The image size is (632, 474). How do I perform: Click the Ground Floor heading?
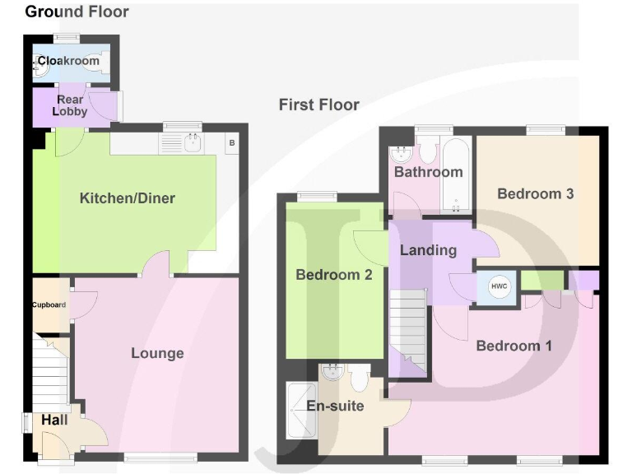point(77,12)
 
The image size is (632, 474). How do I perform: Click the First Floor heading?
point(318,105)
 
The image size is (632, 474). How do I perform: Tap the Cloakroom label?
point(69,61)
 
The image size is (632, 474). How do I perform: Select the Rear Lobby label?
point(70,105)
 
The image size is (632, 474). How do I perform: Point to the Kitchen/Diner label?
point(127,198)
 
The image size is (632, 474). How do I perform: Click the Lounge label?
point(157,353)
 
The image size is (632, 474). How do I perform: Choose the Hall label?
point(54,421)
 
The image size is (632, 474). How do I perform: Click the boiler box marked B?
point(231,143)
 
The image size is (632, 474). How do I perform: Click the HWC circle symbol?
point(499,286)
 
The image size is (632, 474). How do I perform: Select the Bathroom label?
point(428,173)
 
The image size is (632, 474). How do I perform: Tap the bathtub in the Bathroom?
point(454,174)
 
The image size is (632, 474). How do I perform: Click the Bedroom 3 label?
point(535,194)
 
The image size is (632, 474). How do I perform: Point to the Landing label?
point(428,250)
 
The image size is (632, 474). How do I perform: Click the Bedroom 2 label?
point(334,275)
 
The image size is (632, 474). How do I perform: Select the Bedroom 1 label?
point(513,346)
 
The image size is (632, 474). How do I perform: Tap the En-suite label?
point(335,406)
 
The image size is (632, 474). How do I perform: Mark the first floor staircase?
point(408,329)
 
